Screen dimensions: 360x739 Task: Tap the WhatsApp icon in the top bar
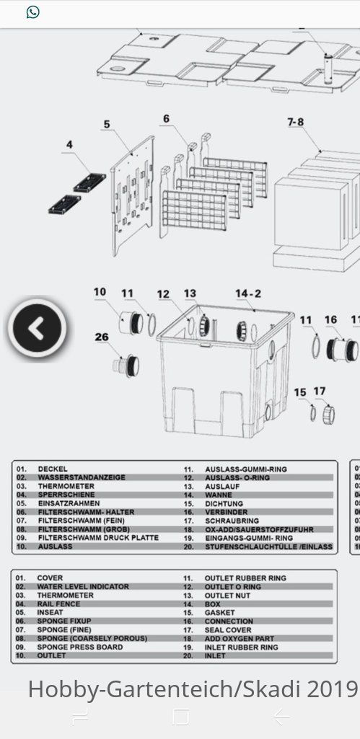(x=32, y=12)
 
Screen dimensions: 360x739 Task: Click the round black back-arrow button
(x=37, y=328)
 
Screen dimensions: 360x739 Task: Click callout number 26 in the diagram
(x=102, y=337)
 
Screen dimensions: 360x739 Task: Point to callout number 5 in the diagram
(x=107, y=125)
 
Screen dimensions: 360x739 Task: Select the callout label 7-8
(x=295, y=122)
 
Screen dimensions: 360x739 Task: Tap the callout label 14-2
(x=248, y=293)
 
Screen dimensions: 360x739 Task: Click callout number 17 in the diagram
(x=320, y=391)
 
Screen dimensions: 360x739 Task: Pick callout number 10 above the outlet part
(x=100, y=292)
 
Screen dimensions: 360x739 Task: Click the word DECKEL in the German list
(x=53, y=469)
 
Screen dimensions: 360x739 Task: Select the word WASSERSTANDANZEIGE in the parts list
(x=82, y=477)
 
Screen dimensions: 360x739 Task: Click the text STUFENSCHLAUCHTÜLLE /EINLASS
(x=269, y=546)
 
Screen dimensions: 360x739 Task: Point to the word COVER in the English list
(x=50, y=578)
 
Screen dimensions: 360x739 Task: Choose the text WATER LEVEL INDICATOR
(x=83, y=587)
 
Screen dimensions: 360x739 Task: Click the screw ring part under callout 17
(x=329, y=415)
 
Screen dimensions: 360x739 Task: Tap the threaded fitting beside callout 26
(x=126, y=366)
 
